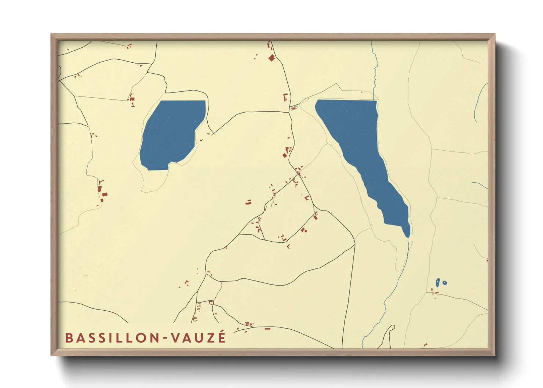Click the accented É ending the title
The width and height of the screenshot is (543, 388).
[222, 337]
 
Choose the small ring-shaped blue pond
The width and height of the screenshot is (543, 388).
[445, 283]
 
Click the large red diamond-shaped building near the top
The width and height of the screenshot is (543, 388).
[271, 58]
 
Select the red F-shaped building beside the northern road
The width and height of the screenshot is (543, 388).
[285, 97]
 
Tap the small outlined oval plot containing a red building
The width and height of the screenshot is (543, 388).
[294, 108]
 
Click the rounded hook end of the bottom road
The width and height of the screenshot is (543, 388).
[392, 327]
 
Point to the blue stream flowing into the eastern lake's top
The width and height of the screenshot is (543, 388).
[374, 73]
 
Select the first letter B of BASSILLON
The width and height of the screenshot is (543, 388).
[68, 338]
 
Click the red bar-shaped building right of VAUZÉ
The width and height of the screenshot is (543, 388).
[267, 329]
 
